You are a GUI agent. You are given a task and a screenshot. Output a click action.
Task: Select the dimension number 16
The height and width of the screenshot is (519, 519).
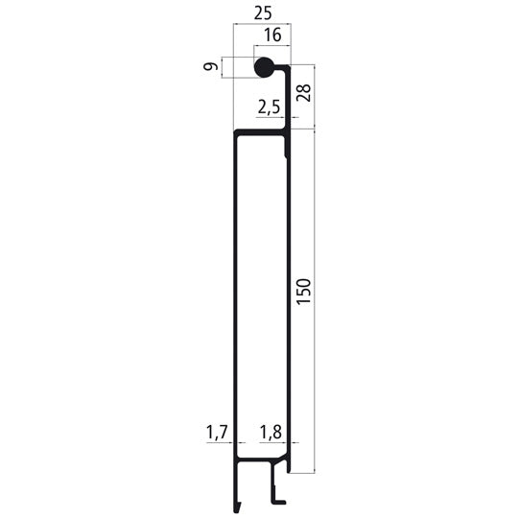(x=272, y=35)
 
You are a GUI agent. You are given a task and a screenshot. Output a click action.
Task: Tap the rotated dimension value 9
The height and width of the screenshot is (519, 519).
(x=210, y=68)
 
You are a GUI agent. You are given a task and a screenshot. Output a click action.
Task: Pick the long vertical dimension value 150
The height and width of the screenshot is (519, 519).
(x=303, y=291)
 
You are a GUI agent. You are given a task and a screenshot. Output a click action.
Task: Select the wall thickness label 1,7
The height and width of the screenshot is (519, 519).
(x=217, y=434)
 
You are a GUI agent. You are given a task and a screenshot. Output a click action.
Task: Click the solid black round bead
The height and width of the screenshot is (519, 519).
(x=264, y=68)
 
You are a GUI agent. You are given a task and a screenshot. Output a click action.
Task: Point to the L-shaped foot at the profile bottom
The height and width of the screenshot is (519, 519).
(x=278, y=497)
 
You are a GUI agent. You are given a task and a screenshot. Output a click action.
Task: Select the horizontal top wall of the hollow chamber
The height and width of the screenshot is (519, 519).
(x=261, y=132)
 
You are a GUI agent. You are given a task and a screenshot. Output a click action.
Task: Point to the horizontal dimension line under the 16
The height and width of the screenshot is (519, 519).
(x=272, y=47)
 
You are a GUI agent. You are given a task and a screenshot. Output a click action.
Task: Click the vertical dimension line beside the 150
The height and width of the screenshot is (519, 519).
(x=315, y=297)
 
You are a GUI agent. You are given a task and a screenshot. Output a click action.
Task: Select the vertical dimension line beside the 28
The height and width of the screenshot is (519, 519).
(x=315, y=96)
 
